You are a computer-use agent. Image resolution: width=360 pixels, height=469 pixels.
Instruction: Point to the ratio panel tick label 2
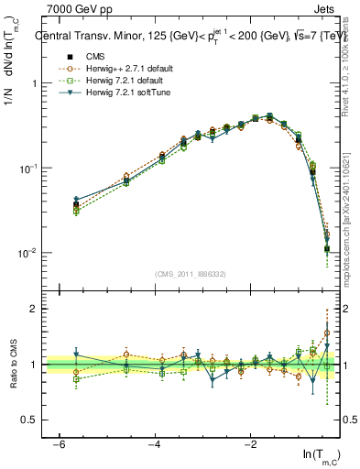click(33, 309)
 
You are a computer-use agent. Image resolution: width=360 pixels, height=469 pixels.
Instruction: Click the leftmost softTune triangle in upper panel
click(76, 200)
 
